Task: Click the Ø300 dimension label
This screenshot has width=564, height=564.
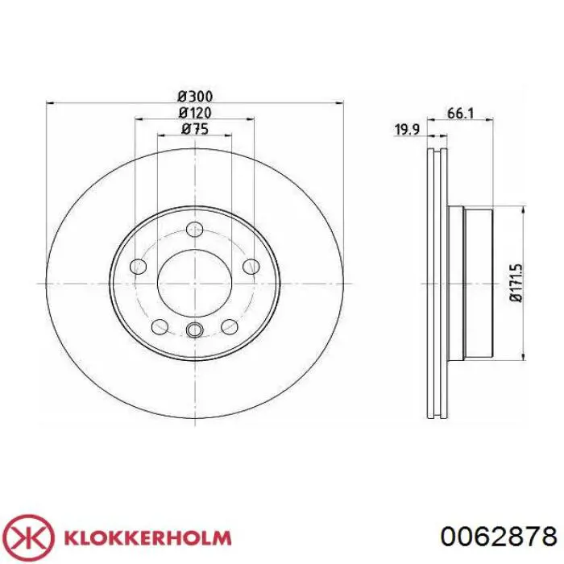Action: [195, 97]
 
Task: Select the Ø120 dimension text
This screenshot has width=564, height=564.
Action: [195, 113]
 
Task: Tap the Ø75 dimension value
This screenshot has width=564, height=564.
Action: [195, 129]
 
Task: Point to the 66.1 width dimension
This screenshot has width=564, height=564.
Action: [460, 114]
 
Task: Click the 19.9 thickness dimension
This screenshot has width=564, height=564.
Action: [407, 130]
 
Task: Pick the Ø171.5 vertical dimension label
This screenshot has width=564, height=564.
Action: [516, 283]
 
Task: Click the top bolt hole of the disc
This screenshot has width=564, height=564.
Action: [195, 229]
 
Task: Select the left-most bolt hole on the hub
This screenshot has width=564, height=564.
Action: [138, 266]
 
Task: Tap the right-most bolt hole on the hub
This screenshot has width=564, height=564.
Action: [251, 266]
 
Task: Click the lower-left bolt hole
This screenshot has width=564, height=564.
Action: [160, 326]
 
